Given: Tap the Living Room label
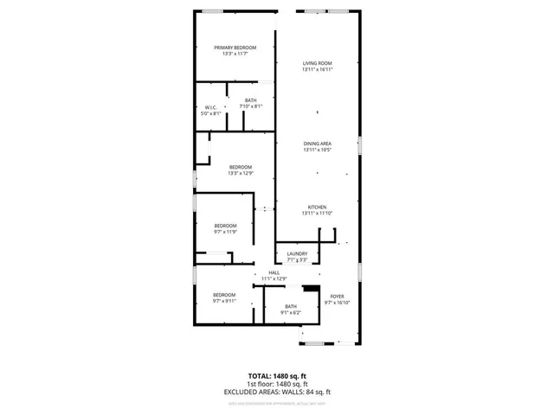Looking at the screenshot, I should pyautogui.click(x=318, y=63).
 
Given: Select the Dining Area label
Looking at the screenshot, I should pyautogui.click(x=318, y=144).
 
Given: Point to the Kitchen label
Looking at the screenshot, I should pyautogui.click(x=318, y=207).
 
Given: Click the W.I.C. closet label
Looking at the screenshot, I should pyautogui.click(x=211, y=107).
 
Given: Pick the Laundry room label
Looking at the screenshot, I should pyautogui.click(x=296, y=253).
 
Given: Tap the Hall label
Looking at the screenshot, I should pyautogui.click(x=274, y=272).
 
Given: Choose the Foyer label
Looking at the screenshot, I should pyautogui.click(x=337, y=297).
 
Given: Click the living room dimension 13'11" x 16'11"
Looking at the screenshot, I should pyautogui.click(x=318, y=70).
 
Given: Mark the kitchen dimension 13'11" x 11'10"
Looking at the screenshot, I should pyautogui.click(x=318, y=214).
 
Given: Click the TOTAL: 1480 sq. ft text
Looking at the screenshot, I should pyautogui.click(x=276, y=376).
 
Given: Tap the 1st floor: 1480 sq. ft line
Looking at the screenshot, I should pyautogui.click(x=276, y=384).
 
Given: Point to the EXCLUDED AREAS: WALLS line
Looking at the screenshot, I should pyautogui.click(x=276, y=392).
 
